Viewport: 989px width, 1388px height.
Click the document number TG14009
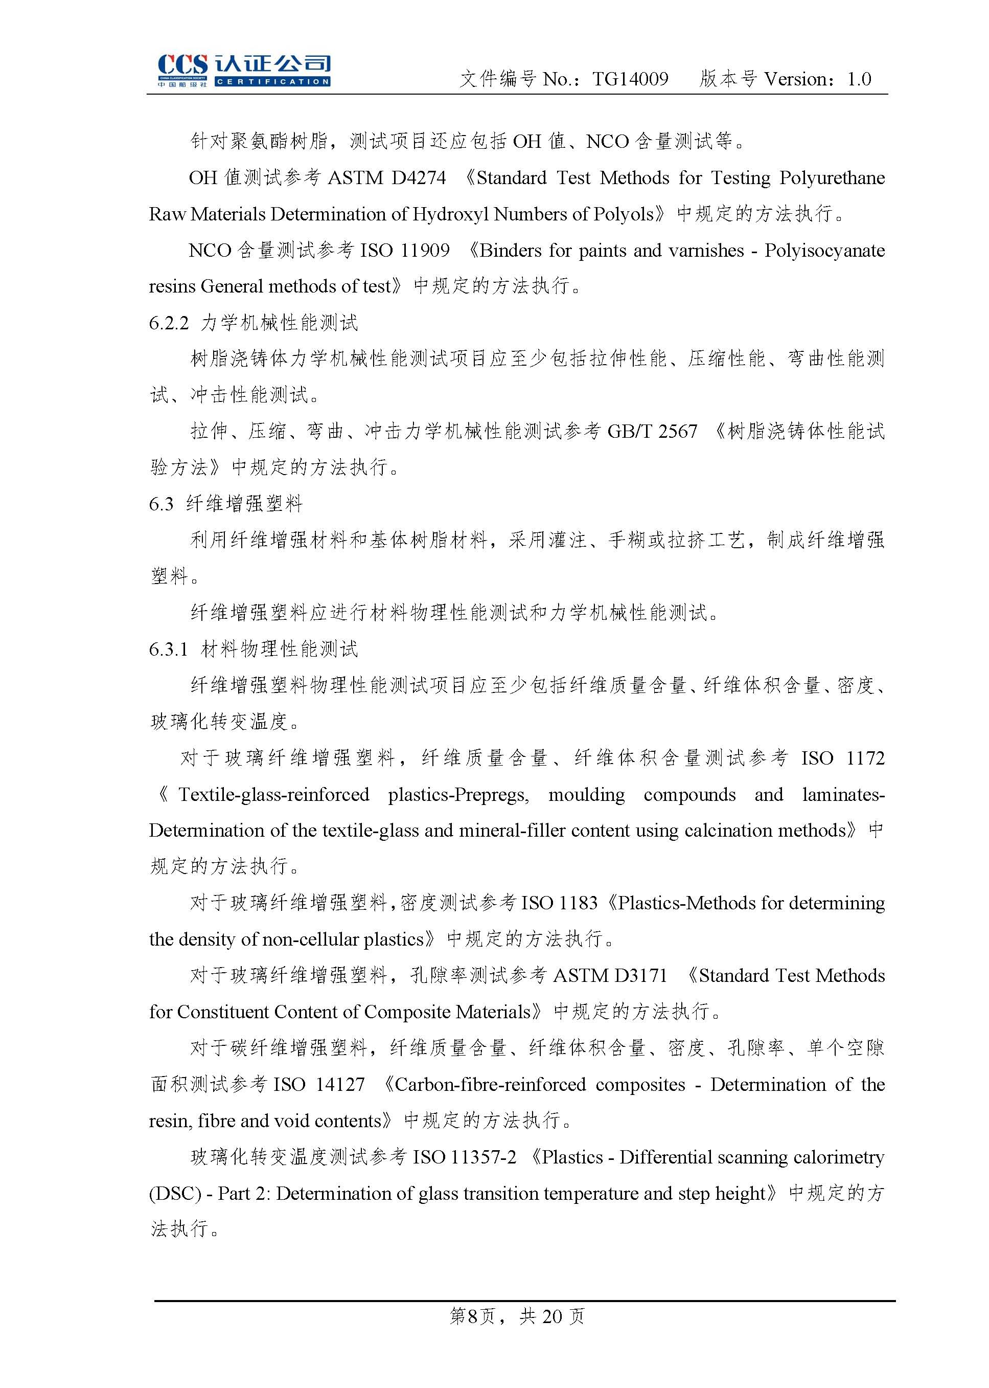[x=630, y=79]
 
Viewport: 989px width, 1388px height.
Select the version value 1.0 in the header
[x=859, y=79]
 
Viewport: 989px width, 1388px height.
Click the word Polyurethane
[x=832, y=178]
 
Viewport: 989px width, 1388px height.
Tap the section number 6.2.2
[x=169, y=323]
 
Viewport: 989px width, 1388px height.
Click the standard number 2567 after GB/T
[x=677, y=432]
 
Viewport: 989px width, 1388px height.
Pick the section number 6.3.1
[x=169, y=650]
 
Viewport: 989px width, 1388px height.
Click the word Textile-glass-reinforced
[x=273, y=795]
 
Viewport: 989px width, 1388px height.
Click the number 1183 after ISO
[x=578, y=903]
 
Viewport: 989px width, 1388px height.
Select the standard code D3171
[x=640, y=975]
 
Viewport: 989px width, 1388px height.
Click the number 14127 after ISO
[x=340, y=1085]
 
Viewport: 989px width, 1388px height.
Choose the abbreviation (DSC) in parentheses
[x=175, y=1194]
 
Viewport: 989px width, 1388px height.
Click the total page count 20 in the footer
[x=552, y=1317]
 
